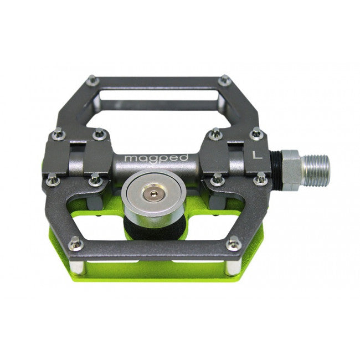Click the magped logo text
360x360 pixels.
coord(156,158)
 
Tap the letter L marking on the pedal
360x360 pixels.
coord(257,155)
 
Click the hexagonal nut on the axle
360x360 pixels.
coord(291,167)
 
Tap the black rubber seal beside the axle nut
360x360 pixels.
coord(275,167)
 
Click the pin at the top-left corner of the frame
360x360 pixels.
coord(92,81)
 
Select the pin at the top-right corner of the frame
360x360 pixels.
coord(224,81)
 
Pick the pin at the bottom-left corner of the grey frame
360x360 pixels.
coord(76,243)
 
